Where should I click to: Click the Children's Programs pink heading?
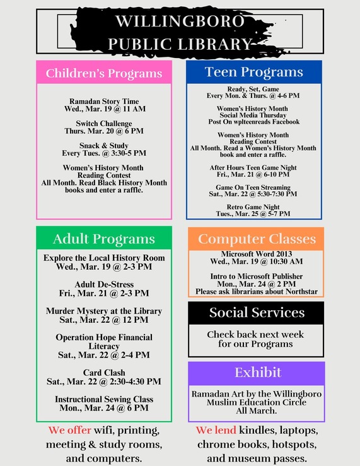(104, 73)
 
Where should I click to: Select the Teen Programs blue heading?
(254, 72)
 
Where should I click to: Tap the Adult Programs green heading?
(104, 239)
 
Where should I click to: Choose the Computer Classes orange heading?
(257, 239)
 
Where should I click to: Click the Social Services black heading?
(257, 313)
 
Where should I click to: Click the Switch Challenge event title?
(104, 123)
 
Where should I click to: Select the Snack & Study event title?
(104, 145)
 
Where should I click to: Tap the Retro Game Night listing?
(254, 207)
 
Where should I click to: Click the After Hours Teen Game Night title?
(253, 168)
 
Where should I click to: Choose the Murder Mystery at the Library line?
(104, 311)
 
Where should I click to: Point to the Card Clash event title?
(104, 373)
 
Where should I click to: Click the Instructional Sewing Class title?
(104, 399)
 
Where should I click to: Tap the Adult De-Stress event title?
(104, 284)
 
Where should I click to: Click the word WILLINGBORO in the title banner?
(180, 22)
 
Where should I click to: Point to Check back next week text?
(255, 334)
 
